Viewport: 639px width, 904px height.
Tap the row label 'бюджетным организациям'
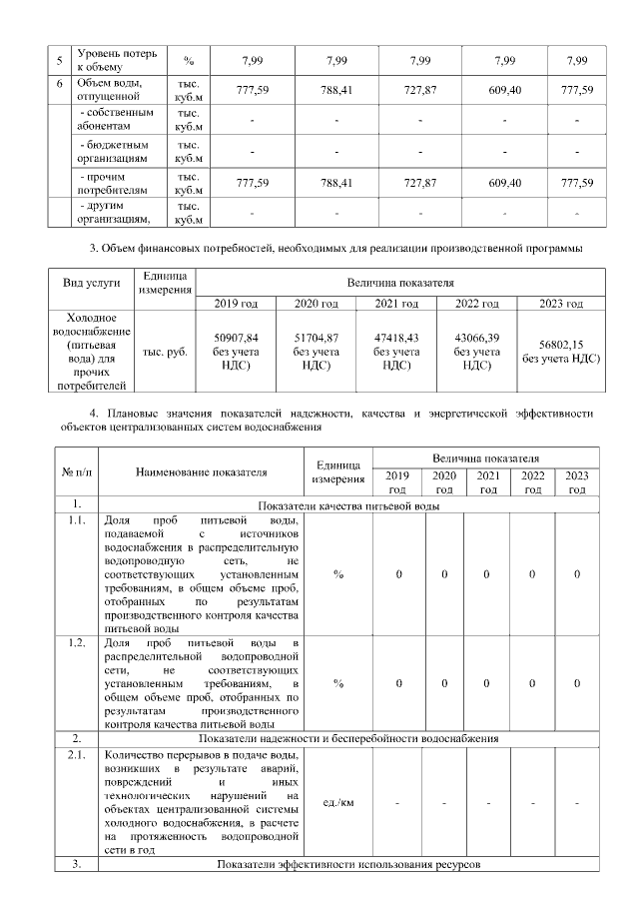pos(118,152)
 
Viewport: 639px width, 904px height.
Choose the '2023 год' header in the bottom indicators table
pos(576,481)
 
